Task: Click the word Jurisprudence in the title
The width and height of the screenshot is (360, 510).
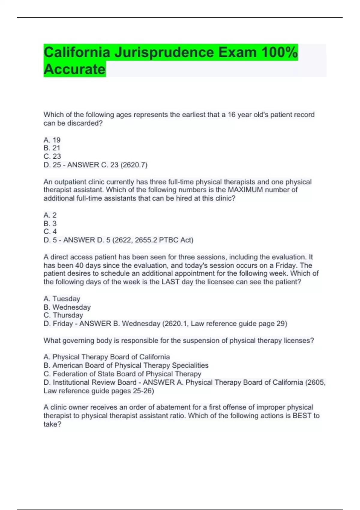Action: click(164, 52)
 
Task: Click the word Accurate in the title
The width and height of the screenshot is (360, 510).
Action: click(74, 69)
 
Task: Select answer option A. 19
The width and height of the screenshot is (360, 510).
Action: click(52, 140)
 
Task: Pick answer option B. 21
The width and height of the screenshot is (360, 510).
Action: click(52, 148)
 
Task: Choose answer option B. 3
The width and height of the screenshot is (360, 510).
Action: click(50, 223)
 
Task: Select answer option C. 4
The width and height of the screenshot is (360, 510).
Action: click(50, 232)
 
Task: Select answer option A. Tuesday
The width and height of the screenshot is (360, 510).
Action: click(62, 299)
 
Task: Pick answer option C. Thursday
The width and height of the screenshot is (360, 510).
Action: click(63, 315)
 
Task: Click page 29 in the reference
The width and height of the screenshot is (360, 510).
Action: click(275, 324)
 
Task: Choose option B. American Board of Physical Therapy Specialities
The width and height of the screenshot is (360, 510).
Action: click(126, 365)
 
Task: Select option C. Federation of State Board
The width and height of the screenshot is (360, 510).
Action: click(122, 374)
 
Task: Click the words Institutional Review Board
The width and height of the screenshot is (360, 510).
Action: click(94, 382)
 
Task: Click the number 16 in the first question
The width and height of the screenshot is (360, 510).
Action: click(232, 115)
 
